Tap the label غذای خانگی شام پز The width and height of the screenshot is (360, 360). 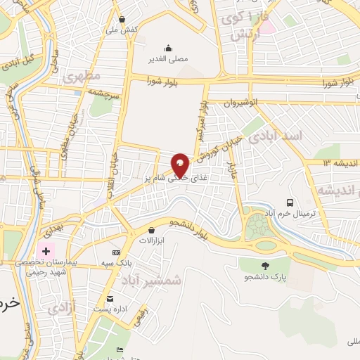(181, 179)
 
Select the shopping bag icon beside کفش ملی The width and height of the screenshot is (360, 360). (122, 20)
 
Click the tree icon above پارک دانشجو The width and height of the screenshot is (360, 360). (265, 266)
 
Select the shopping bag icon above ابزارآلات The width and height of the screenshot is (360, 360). (151, 230)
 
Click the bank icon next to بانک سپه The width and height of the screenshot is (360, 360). (116, 252)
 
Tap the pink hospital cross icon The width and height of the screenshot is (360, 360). (47, 250)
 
